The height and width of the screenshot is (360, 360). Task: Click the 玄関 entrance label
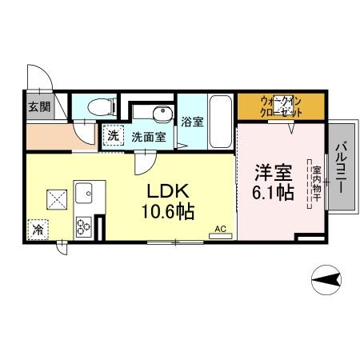click(x=38, y=106)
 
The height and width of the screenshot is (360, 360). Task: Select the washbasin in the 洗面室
click(x=162, y=113)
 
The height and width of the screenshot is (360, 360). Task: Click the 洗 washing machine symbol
click(x=114, y=136)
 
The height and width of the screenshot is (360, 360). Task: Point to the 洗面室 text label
click(x=149, y=137)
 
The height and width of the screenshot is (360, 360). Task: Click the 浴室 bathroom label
click(x=192, y=122)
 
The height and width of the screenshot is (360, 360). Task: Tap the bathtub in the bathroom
click(x=220, y=121)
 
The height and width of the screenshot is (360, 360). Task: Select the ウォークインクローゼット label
click(x=281, y=106)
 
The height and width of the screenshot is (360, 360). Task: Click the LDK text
click(x=166, y=194)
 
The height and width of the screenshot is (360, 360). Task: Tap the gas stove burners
click(x=84, y=226)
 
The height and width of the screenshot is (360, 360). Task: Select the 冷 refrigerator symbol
click(x=38, y=230)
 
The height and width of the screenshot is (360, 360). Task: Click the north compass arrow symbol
click(x=327, y=278)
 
